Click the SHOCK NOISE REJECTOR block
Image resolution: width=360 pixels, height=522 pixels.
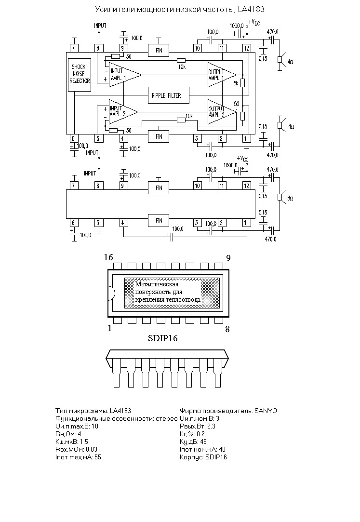[80, 75]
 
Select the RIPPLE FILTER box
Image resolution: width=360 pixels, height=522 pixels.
[169, 95]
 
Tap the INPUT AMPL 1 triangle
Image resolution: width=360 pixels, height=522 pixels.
[125, 75]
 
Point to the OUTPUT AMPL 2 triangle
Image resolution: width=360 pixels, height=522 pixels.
[222, 112]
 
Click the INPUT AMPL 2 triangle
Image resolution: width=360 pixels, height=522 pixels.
[123, 111]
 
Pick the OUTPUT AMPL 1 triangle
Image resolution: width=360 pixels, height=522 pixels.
[222, 75]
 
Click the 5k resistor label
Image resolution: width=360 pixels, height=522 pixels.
[236, 83]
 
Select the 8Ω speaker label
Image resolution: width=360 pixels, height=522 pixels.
[290, 198]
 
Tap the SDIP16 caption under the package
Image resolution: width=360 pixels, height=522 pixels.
[163, 338]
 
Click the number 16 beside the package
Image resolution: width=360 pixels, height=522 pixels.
[108, 257]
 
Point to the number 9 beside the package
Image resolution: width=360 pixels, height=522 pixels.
[228, 258]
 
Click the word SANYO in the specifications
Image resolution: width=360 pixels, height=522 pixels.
[266, 411]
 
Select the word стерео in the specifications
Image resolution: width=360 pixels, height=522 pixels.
[167, 418]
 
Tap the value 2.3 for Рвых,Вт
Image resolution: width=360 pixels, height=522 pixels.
[211, 426]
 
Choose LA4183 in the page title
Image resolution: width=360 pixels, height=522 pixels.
[251, 9]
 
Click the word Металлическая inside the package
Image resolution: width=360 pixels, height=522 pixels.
[157, 284]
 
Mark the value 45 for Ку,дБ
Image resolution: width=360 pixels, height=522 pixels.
[203, 442]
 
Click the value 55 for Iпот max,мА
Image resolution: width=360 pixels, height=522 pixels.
[97, 457]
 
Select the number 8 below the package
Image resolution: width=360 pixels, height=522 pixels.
[227, 329]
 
